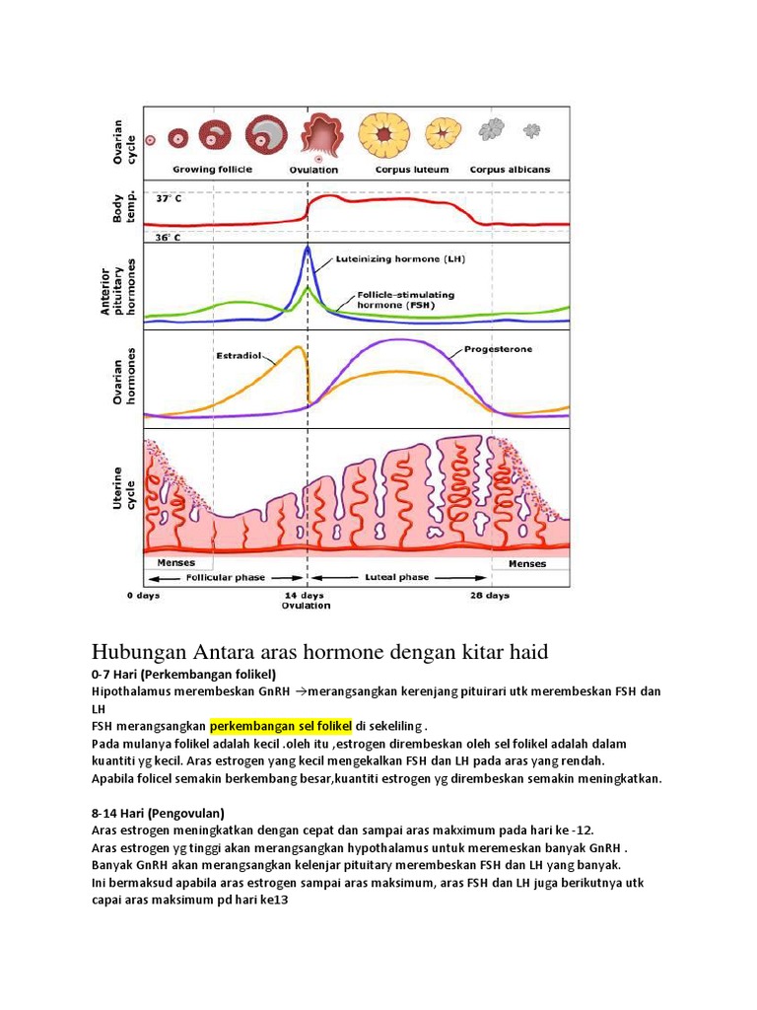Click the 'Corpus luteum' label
(412, 170)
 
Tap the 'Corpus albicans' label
(510, 170)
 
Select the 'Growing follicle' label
(213, 170)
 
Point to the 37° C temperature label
(169, 198)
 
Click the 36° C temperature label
(169, 238)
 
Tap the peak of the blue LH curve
(308, 248)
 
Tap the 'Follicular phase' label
(227, 578)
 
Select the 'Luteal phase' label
(397, 578)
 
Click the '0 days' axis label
(143, 596)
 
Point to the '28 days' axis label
(490, 596)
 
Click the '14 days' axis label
(307, 596)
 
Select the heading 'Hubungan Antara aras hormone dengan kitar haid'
(318, 652)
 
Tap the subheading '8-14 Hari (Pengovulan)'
(158, 813)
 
